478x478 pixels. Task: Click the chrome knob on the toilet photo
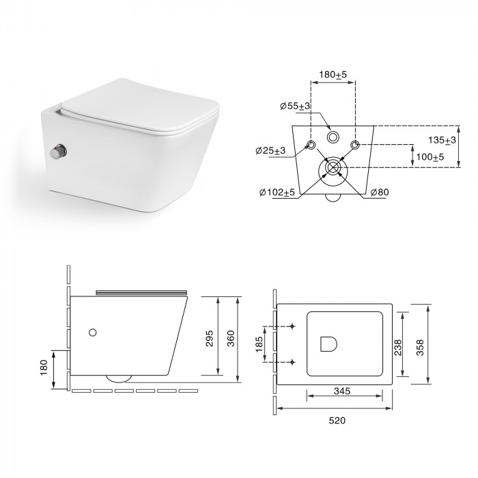tap(59, 152)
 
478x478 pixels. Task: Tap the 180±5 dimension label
tap(333, 74)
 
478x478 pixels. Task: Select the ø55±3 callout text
tap(295, 106)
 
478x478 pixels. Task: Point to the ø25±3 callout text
tap(270, 150)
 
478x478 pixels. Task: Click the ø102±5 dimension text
tap(277, 192)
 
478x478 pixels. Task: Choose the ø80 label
tap(380, 192)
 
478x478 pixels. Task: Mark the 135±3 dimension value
tap(442, 140)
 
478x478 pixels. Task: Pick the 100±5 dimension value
tap(430, 157)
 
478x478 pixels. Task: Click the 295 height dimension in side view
tap(210, 339)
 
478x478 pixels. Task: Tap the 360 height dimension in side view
tap(231, 339)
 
